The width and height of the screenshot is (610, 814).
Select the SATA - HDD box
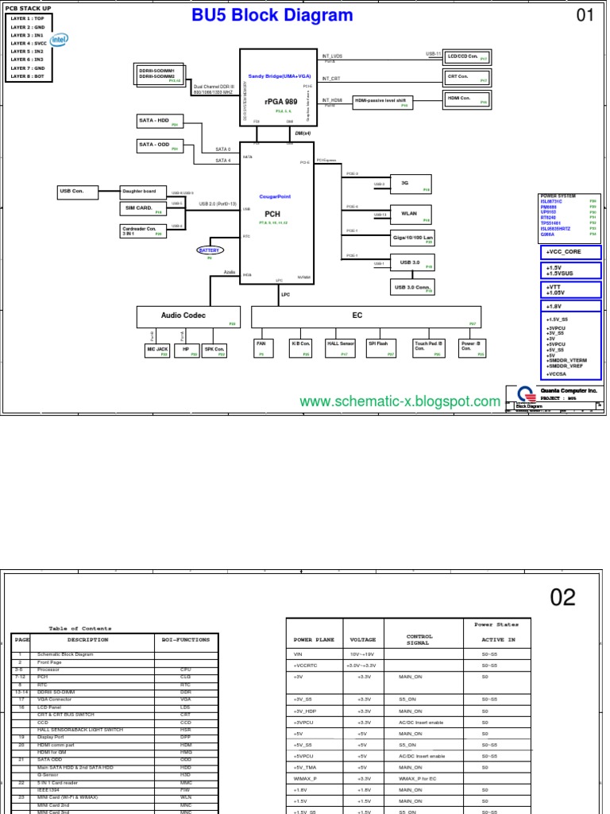tap(158, 122)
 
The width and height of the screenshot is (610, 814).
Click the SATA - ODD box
tap(158, 146)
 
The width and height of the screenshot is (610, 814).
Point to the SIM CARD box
tap(141, 208)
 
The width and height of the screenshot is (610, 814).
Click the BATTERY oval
tap(209, 250)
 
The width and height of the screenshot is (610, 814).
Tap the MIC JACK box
tap(157, 350)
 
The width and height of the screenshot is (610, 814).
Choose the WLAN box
tap(410, 213)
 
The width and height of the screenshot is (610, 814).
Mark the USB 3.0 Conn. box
tap(411, 287)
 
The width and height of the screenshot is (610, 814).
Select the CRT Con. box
tap(465, 77)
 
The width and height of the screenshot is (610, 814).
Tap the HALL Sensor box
tap(341, 347)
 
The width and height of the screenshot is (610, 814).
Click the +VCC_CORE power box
tap(569, 252)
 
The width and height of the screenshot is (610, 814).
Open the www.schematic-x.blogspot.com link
tap(400, 402)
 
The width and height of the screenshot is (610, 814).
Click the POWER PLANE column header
tap(314, 638)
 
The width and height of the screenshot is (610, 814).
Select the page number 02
tap(562, 597)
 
